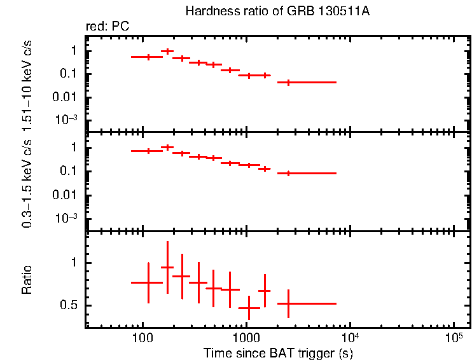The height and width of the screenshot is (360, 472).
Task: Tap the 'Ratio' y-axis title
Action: pyautogui.click(x=27, y=280)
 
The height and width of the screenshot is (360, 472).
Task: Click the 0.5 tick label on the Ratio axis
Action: pyautogui.click(x=69, y=305)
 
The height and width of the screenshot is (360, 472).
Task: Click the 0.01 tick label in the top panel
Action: pyautogui.click(x=67, y=97)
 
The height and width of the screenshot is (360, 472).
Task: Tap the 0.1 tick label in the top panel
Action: pyautogui.click(x=69, y=74)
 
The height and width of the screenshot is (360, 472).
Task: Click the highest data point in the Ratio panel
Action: pyautogui.click(x=167, y=267)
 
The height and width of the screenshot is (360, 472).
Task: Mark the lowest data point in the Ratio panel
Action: pyautogui.click(x=249, y=308)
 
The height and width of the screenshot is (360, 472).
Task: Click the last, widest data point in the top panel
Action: pyautogui.click(x=289, y=82)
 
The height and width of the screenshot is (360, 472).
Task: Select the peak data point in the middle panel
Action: pyautogui.click(x=167, y=147)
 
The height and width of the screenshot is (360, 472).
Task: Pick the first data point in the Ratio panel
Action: pyautogui.click(x=148, y=282)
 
